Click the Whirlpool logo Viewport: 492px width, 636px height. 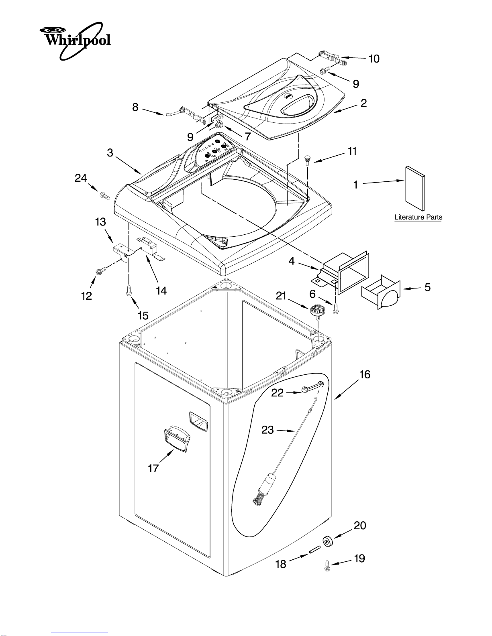[75, 41]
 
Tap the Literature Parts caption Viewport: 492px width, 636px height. [418, 217]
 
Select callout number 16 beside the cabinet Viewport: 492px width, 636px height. [365, 374]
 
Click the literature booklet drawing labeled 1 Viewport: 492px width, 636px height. [415, 188]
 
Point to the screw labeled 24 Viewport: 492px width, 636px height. [104, 195]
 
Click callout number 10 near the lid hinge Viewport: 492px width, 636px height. [374, 59]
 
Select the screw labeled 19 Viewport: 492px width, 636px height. [327, 565]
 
